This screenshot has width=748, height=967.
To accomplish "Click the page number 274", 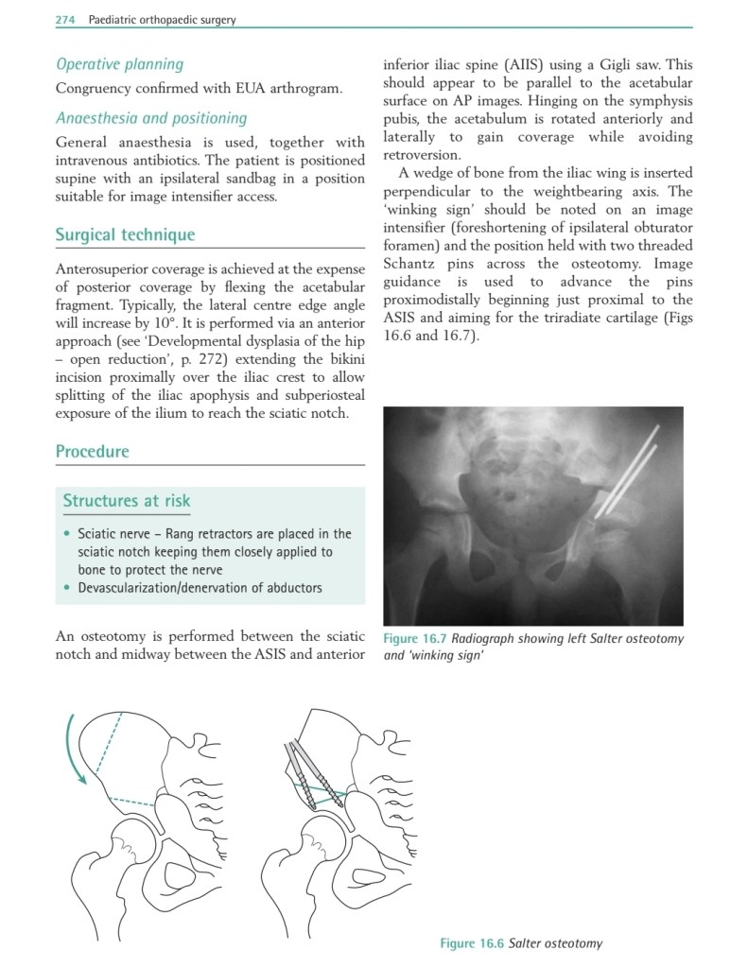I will click(x=65, y=19).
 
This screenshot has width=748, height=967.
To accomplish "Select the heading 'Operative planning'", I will click(x=119, y=64).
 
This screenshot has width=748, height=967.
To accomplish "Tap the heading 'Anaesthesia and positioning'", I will click(x=151, y=118).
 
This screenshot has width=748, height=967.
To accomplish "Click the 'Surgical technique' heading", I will click(x=125, y=234).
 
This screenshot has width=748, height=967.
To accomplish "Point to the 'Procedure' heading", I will click(x=92, y=451).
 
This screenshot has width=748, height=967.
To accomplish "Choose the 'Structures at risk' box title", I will click(x=126, y=500).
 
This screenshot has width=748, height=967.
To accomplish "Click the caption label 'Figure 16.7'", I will click(x=414, y=639).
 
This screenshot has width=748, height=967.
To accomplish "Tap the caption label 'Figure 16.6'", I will click(x=471, y=942).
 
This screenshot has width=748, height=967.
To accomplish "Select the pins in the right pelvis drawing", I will click(x=307, y=769).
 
